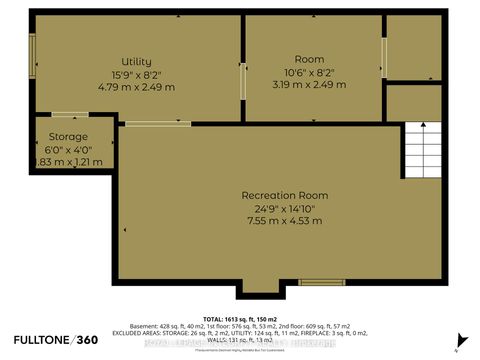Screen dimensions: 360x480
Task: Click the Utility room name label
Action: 137,61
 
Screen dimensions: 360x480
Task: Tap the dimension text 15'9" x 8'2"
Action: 137,73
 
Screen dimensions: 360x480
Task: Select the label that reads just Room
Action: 309,59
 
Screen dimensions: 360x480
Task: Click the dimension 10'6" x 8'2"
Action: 309,72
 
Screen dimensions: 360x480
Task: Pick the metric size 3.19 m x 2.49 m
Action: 309,84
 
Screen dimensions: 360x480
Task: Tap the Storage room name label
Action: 67,136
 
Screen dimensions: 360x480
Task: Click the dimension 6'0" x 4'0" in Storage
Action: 67,149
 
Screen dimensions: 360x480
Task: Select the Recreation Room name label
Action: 284,195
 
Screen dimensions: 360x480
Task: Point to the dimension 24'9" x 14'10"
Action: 284,207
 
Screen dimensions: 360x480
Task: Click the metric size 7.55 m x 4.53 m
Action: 284,220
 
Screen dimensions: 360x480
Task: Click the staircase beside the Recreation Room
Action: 421,160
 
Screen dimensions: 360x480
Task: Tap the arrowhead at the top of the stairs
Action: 421,124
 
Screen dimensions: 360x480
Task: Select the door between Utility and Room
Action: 243,79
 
